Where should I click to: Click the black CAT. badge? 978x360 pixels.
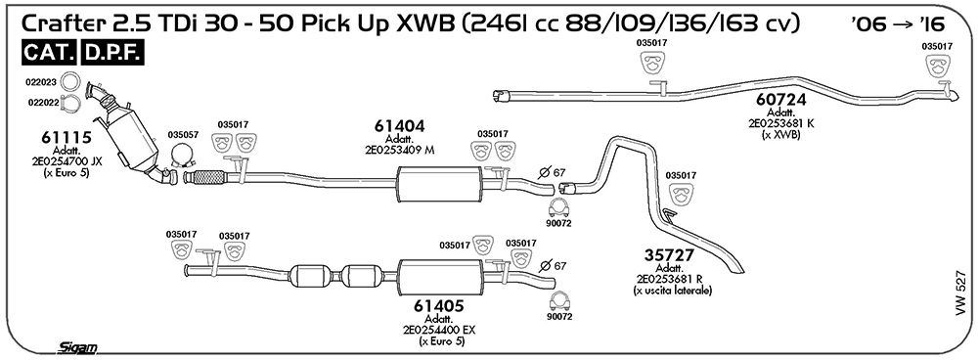[50, 53]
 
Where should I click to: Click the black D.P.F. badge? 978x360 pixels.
[112, 53]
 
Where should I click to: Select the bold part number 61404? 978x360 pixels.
[400, 126]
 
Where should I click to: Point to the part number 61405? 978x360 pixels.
[439, 306]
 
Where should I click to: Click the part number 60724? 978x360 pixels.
[780, 99]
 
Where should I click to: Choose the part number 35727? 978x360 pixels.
[669, 255]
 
